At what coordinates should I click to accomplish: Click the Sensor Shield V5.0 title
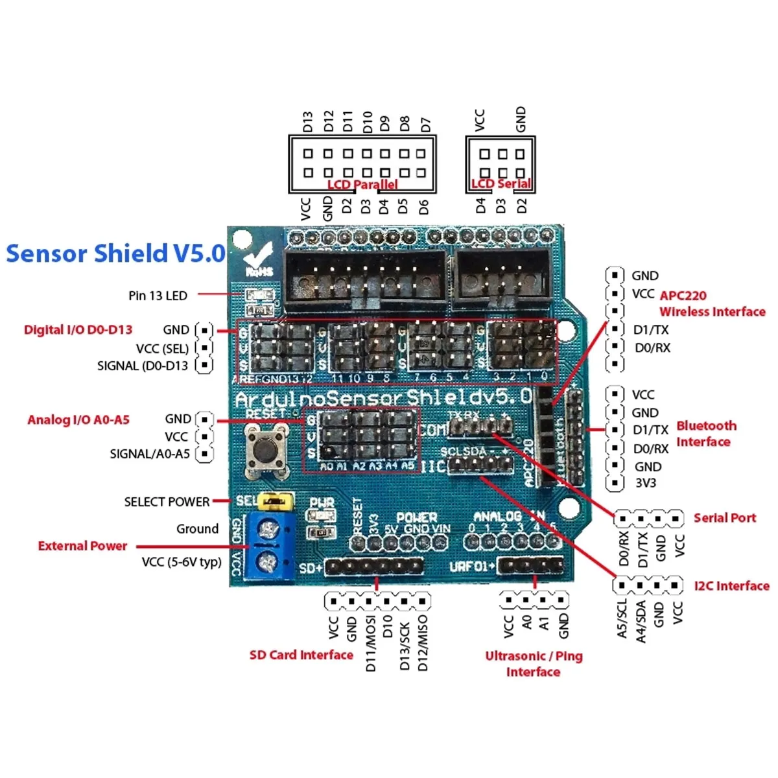[x=115, y=253]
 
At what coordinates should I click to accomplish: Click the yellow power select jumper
[x=276, y=501]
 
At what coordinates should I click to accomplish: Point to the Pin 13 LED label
[x=158, y=296]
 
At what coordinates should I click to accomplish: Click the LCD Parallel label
[x=362, y=185]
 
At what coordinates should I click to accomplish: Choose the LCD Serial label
[x=501, y=184]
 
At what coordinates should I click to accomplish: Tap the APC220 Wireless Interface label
[x=712, y=303]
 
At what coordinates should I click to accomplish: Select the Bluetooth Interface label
[x=705, y=434]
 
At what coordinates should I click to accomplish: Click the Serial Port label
[x=724, y=518]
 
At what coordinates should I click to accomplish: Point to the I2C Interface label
[x=731, y=586]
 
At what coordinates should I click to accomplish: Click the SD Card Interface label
[x=301, y=655]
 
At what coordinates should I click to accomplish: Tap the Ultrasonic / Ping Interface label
[x=534, y=664]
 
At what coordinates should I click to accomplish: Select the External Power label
[x=82, y=546]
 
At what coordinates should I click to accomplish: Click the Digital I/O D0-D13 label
[x=78, y=330]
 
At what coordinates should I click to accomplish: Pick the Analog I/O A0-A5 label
[x=78, y=420]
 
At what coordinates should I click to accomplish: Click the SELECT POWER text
[x=167, y=502]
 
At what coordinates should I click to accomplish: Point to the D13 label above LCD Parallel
[x=308, y=122]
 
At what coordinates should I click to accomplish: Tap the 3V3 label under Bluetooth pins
[x=645, y=483]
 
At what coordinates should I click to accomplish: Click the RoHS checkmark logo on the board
[x=257, y=259]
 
